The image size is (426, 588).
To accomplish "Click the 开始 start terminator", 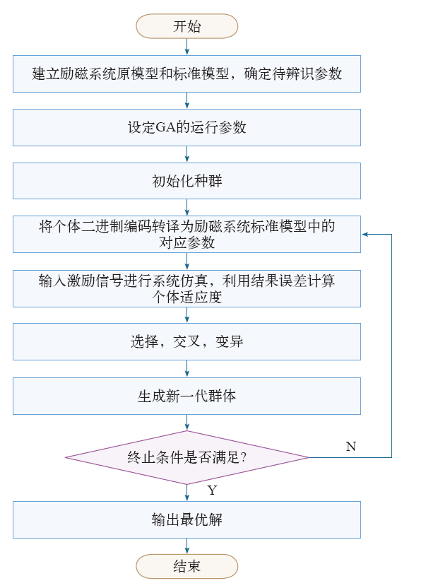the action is [x=187, y=26].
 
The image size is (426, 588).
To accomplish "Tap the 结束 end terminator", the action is [x=187, y=566].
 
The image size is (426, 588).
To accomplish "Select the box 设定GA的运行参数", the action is [x=187, y=127].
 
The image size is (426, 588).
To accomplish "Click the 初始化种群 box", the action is [x=187, y=181].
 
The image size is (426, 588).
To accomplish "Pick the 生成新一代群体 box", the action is [x=187, y=396].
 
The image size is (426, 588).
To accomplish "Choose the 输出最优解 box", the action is [x=187, y=519].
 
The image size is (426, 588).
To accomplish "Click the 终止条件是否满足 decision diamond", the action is [x=187, y=457].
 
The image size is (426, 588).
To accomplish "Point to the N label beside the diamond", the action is [x=351, y=446].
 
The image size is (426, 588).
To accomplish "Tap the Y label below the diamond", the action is [x=212, y=490].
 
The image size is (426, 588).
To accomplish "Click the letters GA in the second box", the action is [x=165, y=127].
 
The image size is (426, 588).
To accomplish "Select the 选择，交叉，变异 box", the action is [x=187, y=341].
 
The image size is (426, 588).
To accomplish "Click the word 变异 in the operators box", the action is [x=230, y=341].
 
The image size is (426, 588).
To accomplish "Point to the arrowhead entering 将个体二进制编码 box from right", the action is [x=365, y=235].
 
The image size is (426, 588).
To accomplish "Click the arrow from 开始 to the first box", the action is [x=187, y=47].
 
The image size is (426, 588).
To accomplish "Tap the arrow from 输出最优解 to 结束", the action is [x=187, y=546].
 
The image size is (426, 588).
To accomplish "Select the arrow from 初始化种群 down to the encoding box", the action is [x=187, y=207].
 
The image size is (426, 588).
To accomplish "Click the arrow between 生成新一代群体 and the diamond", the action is [x=187, y=423].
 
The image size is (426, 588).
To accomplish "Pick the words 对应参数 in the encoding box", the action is [x=187, y=242].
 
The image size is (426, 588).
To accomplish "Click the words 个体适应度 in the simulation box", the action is [x=187, y=297].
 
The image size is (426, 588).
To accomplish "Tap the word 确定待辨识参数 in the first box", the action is [x=293, y=73].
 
